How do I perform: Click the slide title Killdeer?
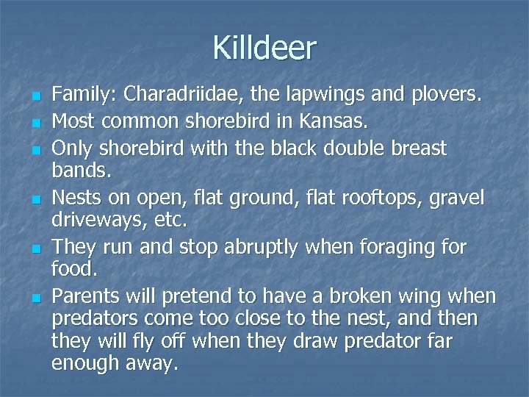point(264,49)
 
